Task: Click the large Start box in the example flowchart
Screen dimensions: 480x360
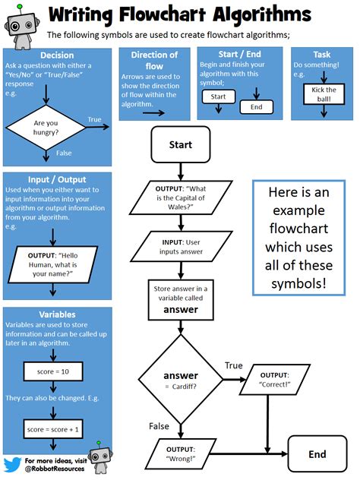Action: coord(180,144)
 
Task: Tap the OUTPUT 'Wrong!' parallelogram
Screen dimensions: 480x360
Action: coord(182,454)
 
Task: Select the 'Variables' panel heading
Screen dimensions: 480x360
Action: coord(57,314)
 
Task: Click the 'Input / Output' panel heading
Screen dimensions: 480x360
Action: coord(57,179)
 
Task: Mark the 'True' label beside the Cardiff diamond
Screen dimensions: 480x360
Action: coord(233,366)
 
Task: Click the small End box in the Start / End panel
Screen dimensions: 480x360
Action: coord(256,107)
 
